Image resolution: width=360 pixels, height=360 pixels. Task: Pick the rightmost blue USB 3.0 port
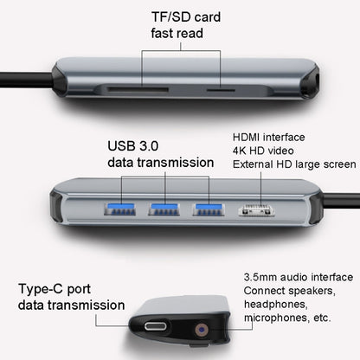point(206,209)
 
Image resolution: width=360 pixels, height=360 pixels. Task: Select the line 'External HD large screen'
point(293,164)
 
